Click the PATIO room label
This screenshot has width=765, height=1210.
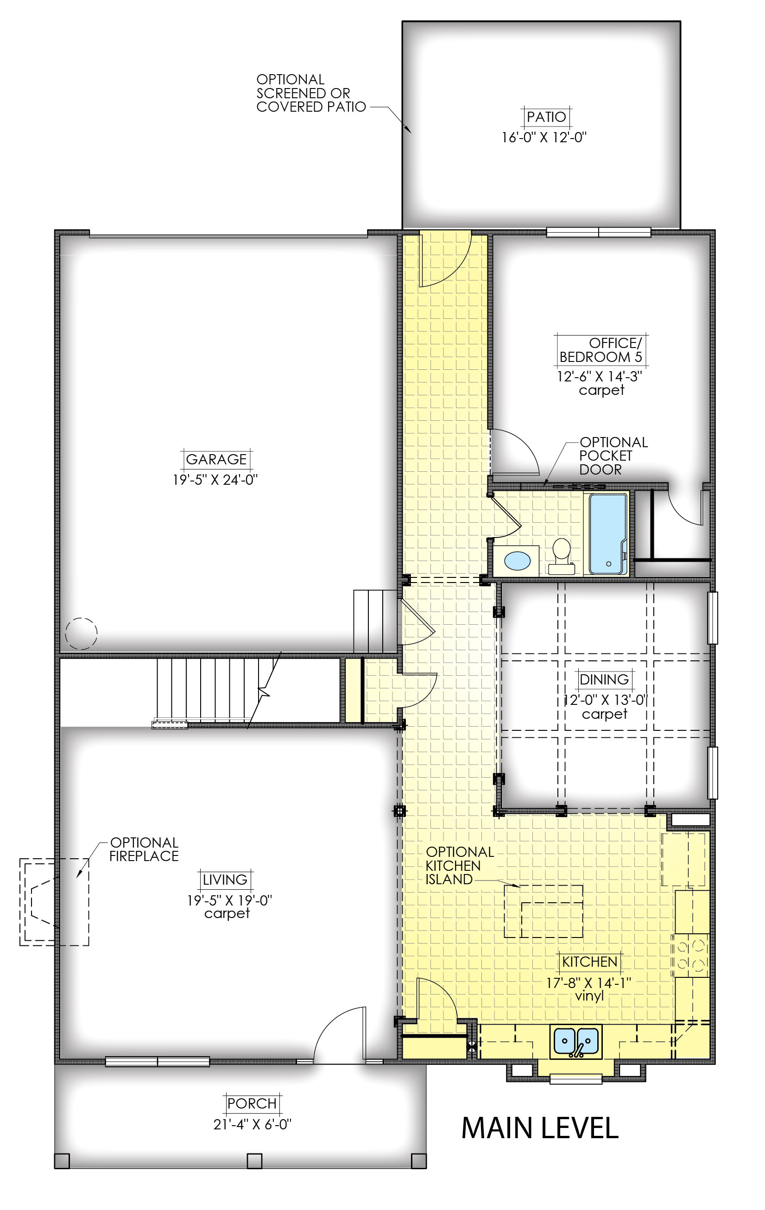coord(546,117)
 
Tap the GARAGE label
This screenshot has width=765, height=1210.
coord(216,459)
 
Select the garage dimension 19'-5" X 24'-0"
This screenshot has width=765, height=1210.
coord(215,480)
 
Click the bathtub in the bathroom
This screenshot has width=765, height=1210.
coord(608,534)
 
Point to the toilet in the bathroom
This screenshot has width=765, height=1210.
coord(562,557)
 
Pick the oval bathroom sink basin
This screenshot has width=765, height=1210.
coord(517,560)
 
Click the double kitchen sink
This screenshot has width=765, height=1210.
coord(575,1042)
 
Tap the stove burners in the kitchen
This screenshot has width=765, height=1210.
coord(691,955)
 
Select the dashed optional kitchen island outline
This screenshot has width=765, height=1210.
coord(544,912)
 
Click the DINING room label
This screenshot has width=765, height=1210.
coord(604,680)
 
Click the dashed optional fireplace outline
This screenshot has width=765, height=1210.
coord(54,902)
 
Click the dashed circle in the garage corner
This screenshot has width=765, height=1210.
coord(82,633)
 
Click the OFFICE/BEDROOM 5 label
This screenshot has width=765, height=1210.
coord(601,350)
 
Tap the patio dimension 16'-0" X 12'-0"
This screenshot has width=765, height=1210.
coord(544,138)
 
